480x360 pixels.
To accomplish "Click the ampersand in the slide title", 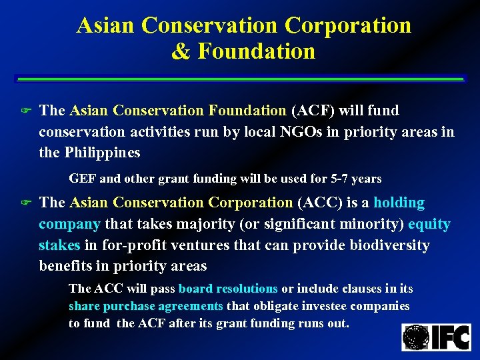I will click(179, 51).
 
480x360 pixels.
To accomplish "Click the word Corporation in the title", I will click(347, 25).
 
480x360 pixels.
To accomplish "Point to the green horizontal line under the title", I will click(240, 79).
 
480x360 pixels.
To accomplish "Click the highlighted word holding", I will click(399, 202).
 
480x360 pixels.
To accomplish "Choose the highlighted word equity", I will click(429, 224).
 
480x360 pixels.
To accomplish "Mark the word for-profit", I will click(131, 245).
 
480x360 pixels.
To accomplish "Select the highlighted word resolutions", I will click(243, 289).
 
